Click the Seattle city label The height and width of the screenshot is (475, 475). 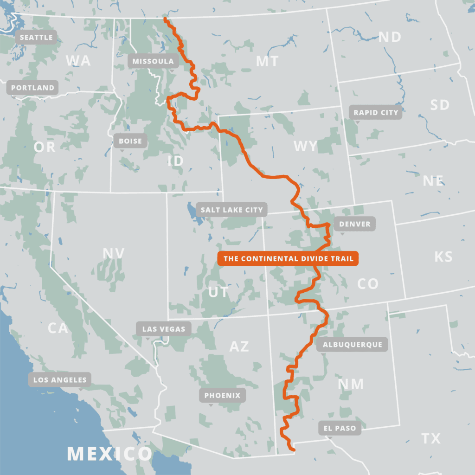click(36, 37)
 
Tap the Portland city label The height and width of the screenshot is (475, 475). click(32, 88)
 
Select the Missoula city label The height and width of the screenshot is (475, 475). click(153, 61)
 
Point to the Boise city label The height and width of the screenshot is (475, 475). click(130, 141)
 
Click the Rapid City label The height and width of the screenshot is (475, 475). click(376, 113)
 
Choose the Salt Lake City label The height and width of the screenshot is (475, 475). click(232, 210)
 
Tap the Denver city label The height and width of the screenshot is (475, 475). click(355, 224)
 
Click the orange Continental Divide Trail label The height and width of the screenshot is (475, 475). click(288, 259)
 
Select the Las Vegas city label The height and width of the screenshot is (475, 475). click(164, 329)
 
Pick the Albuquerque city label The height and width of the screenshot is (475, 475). click(353, 344)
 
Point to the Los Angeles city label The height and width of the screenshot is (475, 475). click(60, 380)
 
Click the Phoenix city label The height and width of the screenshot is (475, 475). click(223, 395)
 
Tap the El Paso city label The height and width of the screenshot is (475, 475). click(340, 428)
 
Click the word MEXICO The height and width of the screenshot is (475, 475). click(109, 453)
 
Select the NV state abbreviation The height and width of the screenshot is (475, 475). click(114, 253)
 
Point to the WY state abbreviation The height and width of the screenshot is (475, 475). click(306, 147)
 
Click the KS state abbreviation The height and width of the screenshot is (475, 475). click(443, 257)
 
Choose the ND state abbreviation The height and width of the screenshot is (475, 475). click(390, 37)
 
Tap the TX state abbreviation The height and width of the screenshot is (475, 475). click(431, 438)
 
